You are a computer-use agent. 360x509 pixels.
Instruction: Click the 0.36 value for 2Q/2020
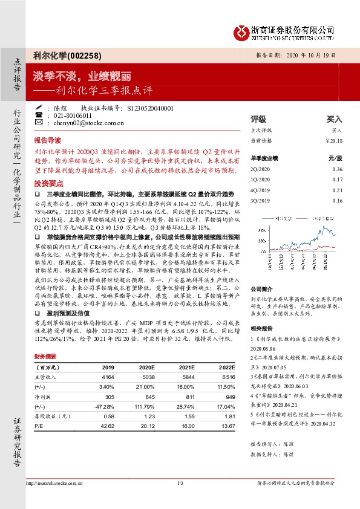338,169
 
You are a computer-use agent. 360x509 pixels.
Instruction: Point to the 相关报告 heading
261,327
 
